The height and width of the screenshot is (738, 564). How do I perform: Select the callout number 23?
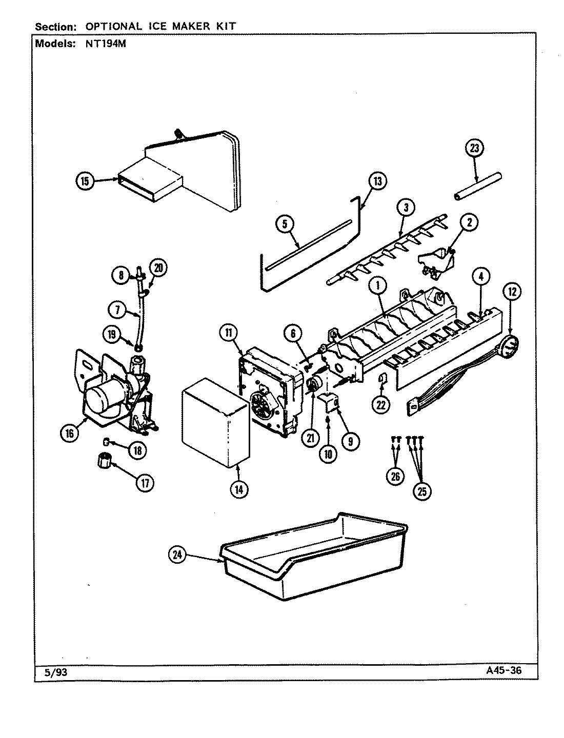[474, 148]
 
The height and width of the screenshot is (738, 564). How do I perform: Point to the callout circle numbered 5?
[285, 223]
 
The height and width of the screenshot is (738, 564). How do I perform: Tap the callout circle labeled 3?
[406, 208]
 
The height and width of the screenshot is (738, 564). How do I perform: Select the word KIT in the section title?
[225, 26]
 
